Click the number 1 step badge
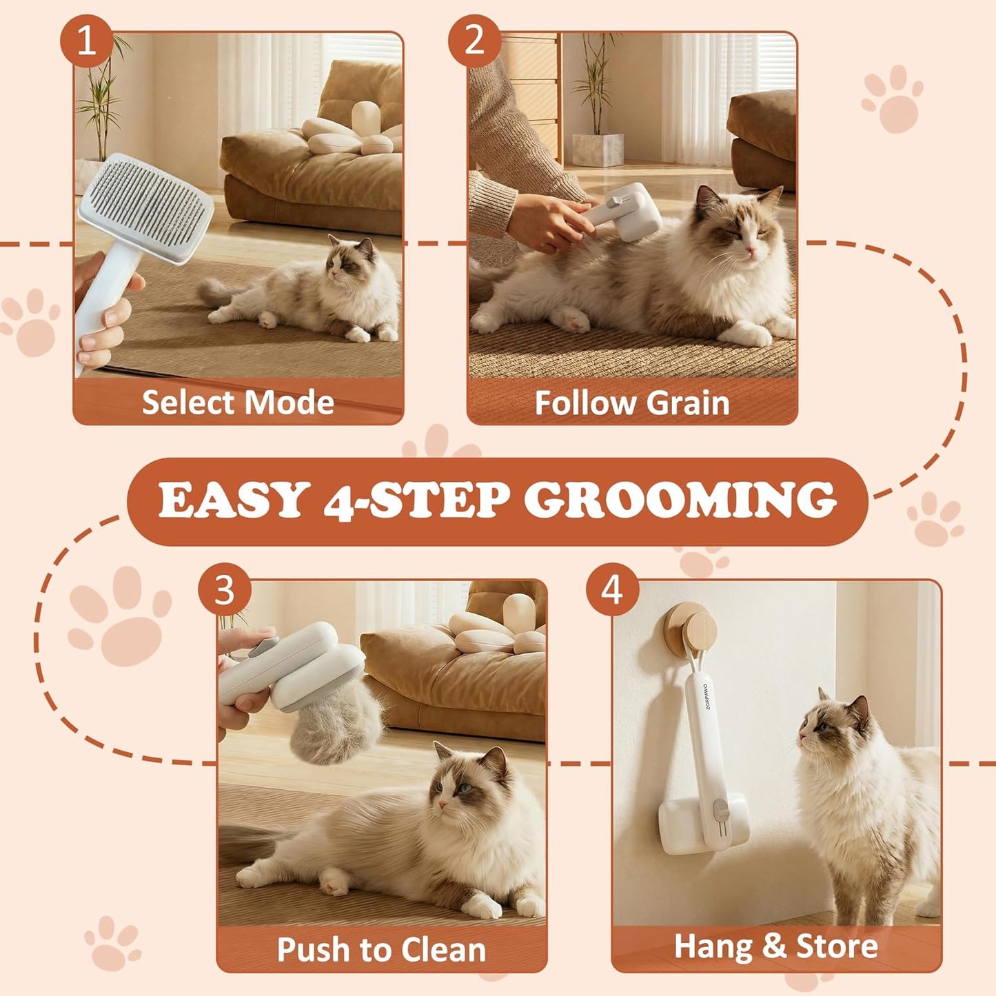coord(86,41)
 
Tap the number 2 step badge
coord(474,41)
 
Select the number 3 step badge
coord(224,589)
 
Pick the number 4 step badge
coord(612,589)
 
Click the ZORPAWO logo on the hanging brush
coord(706,696)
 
